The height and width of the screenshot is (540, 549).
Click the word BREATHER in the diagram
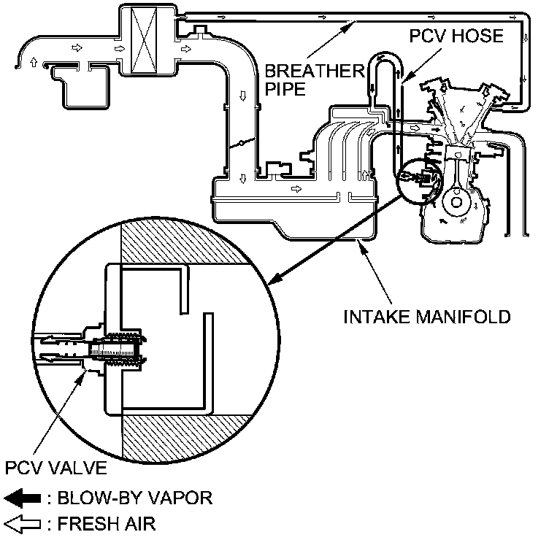point(304,72)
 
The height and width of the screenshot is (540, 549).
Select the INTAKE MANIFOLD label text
point(427,317)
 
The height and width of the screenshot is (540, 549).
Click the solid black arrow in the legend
point(22,499)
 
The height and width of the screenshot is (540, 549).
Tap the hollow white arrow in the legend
point(22,523)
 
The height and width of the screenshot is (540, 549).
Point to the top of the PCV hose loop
point(384,57)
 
